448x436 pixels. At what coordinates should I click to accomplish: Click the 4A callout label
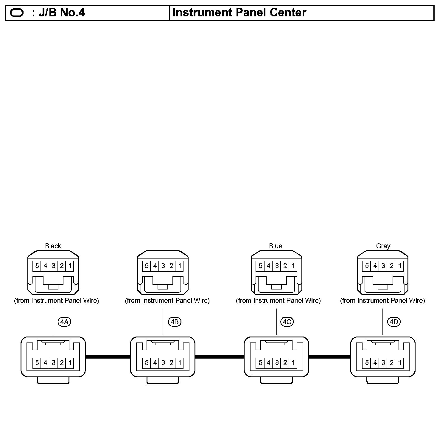pos(64,322)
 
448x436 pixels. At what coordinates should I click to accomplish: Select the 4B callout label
pos(175,322)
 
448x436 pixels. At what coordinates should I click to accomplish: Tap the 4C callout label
pos(287,322)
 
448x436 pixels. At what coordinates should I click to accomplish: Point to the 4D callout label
pos(394,322)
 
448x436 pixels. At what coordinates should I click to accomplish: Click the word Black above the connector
pos(53,246)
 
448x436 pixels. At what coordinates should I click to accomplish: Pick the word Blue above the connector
pos(275,246)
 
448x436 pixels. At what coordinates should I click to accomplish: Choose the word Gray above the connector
pos(383,246)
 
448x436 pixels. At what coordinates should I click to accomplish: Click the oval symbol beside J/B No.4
pos(17,13)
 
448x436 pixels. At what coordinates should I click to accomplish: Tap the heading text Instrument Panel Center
pos(239,13)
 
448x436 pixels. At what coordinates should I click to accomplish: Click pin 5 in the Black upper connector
pos(37,266)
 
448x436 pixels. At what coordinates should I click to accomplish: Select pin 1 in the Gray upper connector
pos(400,266)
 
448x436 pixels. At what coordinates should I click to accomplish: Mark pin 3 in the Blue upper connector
pos(277,266)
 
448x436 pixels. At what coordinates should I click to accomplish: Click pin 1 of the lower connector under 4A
pos(70,363)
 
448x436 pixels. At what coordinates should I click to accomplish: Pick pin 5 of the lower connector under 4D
pos(367,363)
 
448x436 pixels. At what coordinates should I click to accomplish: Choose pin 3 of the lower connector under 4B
pos(163,363)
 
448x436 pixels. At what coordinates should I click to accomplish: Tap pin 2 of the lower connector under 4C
pos(285,363)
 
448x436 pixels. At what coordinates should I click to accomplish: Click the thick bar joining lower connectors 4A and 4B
pos(108,356)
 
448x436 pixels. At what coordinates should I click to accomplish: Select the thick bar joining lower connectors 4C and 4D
pos(330,356)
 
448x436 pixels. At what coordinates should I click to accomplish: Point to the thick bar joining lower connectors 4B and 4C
pos(220,356)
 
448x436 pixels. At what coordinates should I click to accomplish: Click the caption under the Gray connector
pos(382,300)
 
